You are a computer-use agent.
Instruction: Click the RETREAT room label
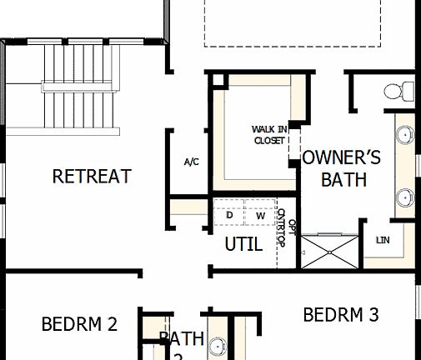91,177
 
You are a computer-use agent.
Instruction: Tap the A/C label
191,162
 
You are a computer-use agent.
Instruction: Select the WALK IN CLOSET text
269,134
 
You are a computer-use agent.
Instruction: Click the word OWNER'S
341,157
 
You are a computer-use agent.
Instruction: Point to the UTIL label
243,245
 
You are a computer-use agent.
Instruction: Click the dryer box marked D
229,215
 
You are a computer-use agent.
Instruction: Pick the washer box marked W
260,216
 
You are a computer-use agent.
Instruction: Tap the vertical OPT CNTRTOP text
286,227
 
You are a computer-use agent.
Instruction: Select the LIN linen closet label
383,240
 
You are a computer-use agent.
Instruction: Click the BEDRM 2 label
79,324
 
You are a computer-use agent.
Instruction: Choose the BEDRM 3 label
341,315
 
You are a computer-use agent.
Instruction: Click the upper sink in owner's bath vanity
405,135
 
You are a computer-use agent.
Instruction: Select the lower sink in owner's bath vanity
405,197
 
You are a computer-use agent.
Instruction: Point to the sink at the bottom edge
218,347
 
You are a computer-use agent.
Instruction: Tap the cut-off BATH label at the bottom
181,340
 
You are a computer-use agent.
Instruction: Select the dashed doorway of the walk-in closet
293,145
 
